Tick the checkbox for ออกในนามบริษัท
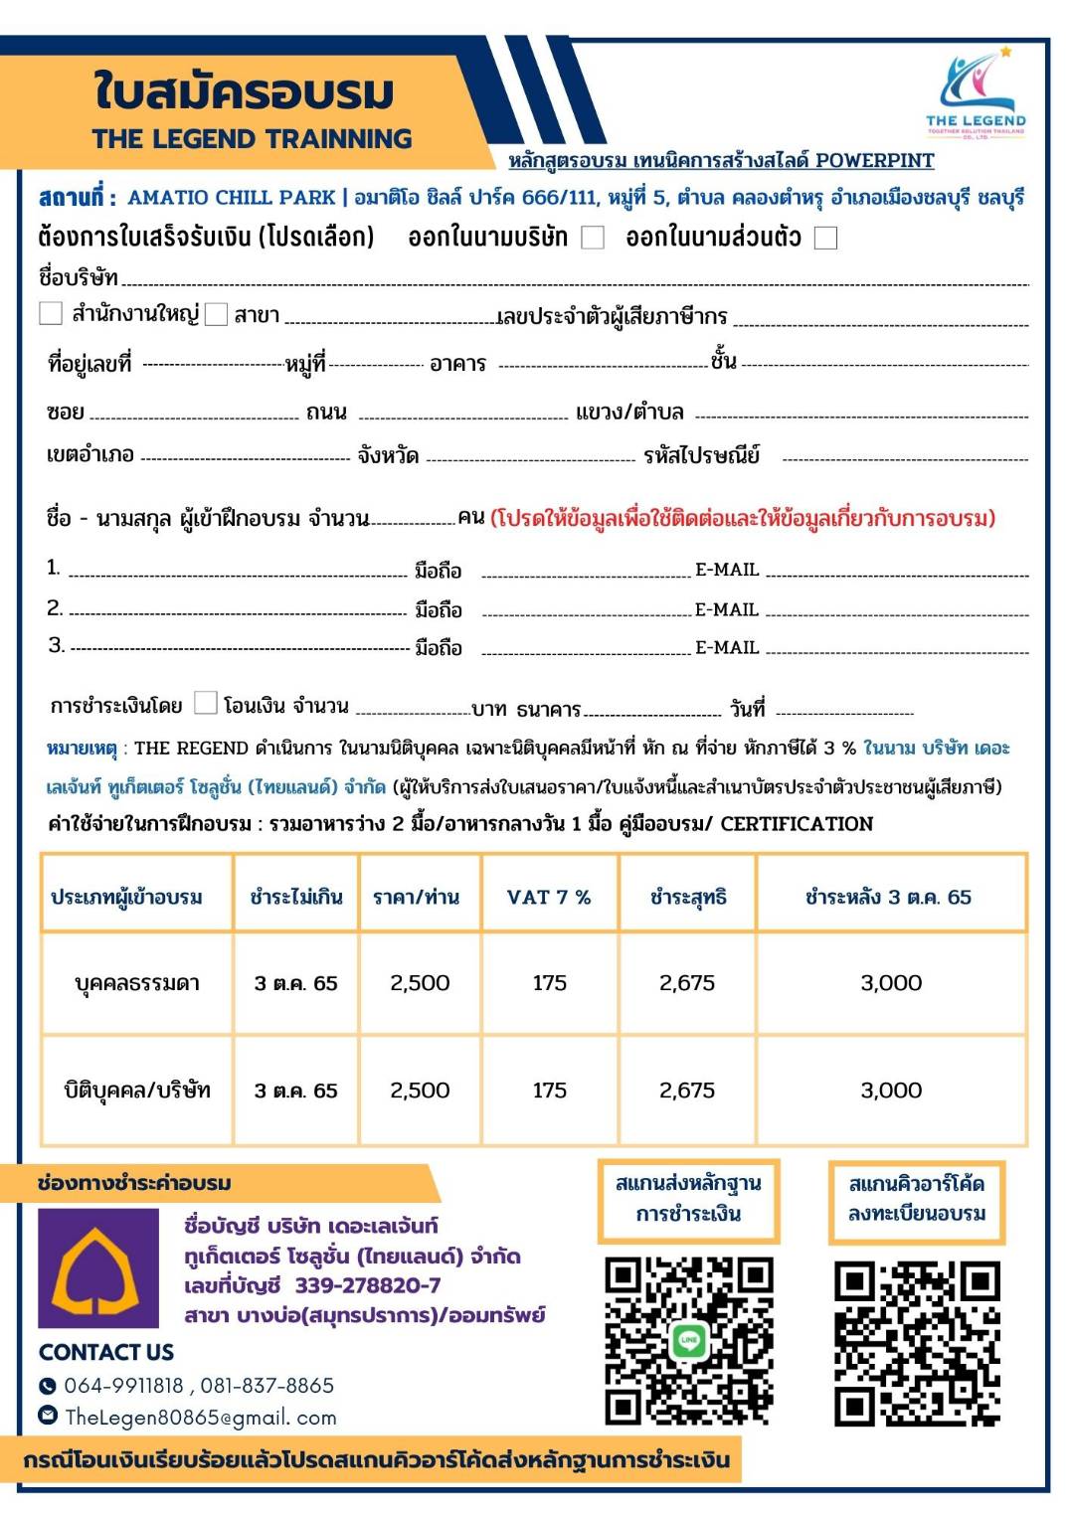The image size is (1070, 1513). tap(593, 238)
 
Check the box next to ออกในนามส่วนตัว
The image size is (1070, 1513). tap(825, 238)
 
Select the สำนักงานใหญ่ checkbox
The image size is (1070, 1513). tap(51, 314)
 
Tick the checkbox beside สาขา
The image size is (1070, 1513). tap(216, 315)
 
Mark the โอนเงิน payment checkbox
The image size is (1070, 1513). tap(205, 703)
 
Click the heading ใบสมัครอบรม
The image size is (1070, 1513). tap(245, 91)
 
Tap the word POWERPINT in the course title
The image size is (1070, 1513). tap(874, 160)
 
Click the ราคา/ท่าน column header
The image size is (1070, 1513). tap(416, 897)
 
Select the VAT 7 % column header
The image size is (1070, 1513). tap(549, 897)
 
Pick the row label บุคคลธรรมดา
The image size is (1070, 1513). tap(137, 983)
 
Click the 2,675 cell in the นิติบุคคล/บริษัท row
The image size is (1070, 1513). tap(687, 1091)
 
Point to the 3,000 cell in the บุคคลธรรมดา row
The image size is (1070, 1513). tap(891, 983)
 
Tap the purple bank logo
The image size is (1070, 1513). tap(97, 1268)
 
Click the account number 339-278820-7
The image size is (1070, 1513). tap(367, 1285)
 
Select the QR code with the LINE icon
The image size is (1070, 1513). tap(688, 1341)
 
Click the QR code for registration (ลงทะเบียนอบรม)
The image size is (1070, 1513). tap(917, 1343)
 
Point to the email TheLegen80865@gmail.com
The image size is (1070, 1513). tap(200, 1417)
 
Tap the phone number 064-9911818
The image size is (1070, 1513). tap(124, 1385)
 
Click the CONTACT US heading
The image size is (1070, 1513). tap(106, 1352)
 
